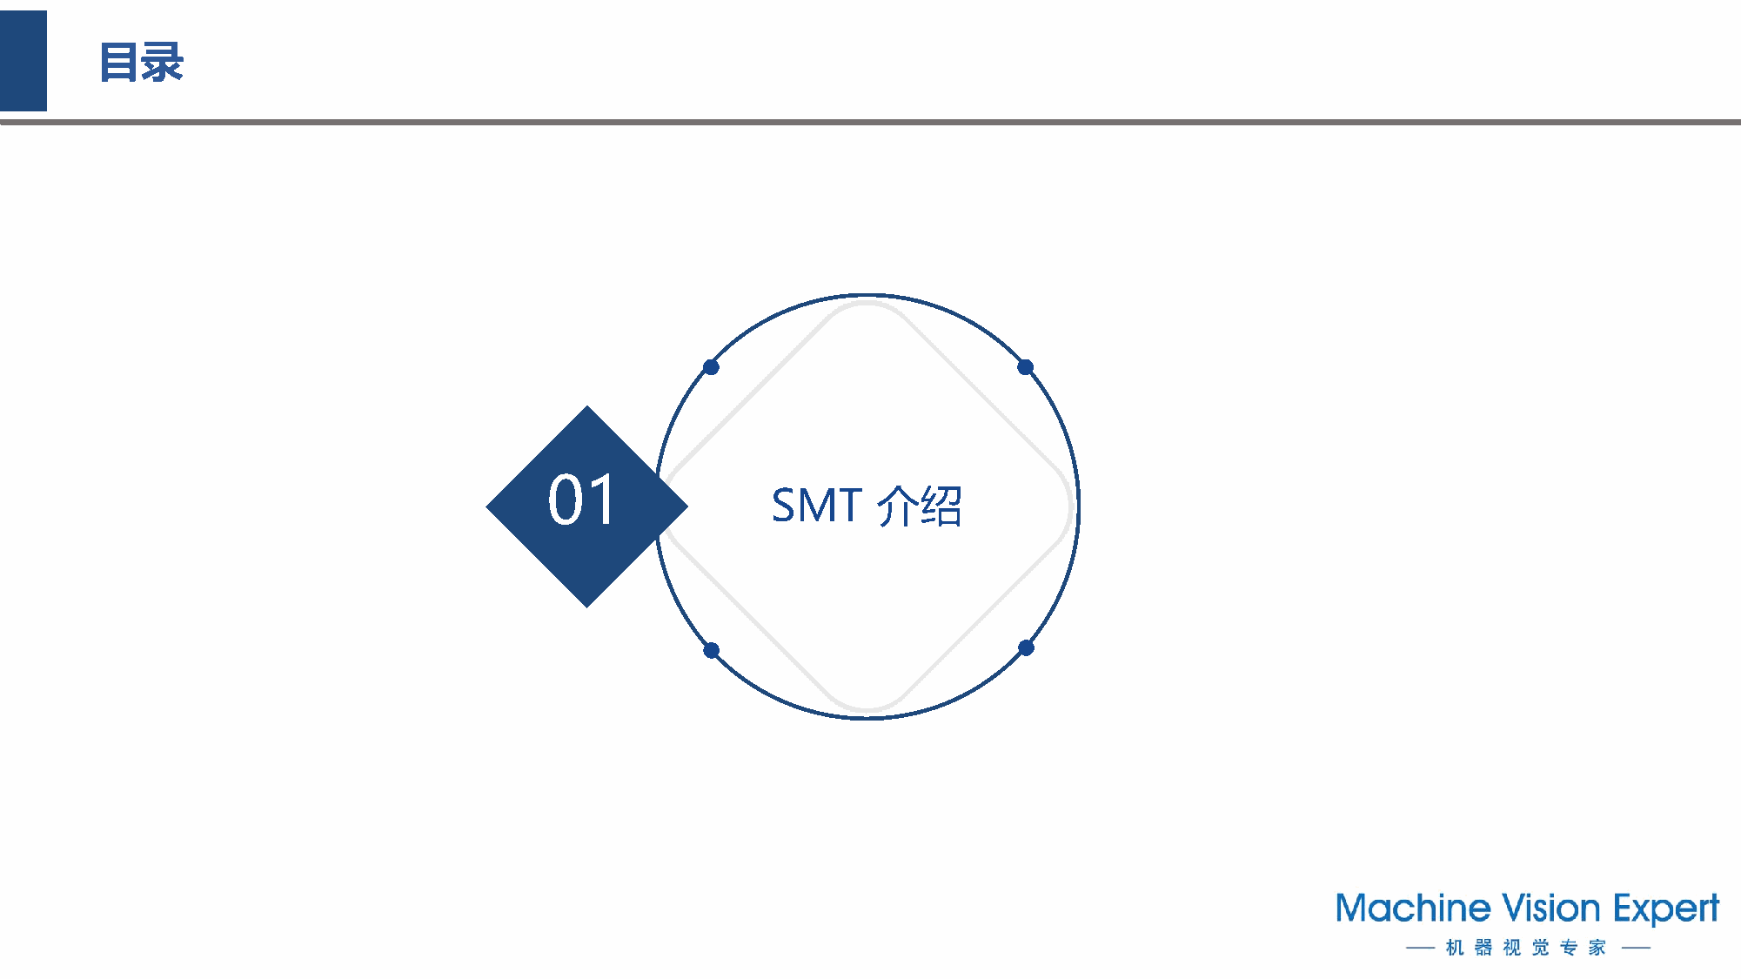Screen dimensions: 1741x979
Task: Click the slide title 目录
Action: coord(141,63)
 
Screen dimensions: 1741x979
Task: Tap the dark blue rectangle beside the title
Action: coord(23,61)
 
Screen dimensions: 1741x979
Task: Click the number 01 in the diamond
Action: coord(582,500)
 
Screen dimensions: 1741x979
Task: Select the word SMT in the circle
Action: coord(816,505)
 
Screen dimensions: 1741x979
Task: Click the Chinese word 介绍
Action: coord(920,506)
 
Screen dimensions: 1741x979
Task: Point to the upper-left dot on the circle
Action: coord(711,367)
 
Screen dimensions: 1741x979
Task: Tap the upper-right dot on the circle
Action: coord(1026,367)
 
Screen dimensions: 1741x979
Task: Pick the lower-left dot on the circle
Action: coord(711,650)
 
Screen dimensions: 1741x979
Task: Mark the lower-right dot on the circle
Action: coord(1027,647)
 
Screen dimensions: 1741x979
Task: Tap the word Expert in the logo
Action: coord(1666,910)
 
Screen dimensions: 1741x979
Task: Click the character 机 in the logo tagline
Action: coord(1455,947)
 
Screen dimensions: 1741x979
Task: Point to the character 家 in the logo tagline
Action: coord(1597,947)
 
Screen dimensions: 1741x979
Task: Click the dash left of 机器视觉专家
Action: coord(1420,948)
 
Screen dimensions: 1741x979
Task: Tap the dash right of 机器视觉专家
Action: coord(1637,948)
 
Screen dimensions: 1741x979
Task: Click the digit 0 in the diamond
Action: coord(566,500)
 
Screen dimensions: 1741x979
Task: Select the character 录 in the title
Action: coord(164,63)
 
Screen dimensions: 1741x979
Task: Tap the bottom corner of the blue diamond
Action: coord(587,606)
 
